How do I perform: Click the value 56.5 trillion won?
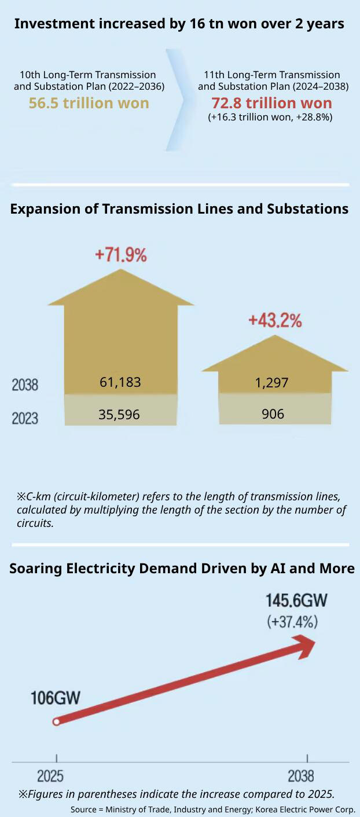point(89,103)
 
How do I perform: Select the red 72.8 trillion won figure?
point(271,103)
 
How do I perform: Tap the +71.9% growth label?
point(121,255)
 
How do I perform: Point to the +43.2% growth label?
point(275,321)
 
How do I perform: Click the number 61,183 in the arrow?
point(120,382)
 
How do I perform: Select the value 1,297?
point(271,383)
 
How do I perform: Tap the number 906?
point(273,415)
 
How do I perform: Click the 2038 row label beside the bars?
point(25,385)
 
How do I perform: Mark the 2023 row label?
point(25,418)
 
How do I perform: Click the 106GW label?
point(56,698)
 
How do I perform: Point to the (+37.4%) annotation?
point(292,622)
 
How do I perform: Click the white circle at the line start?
point(56,721)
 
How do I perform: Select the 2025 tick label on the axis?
point(50,776)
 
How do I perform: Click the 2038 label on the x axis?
point(301,776)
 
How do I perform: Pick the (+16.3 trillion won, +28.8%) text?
point(270,117)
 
